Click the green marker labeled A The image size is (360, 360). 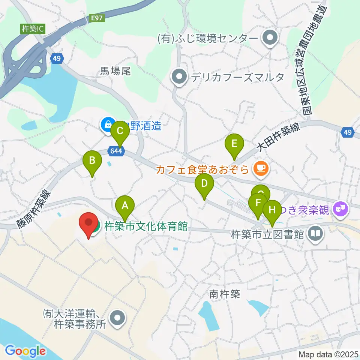click(125, 206)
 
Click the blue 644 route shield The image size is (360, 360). click(116, 151)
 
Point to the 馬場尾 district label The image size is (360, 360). click(115, 71)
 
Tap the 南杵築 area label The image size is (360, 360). click(224, 294)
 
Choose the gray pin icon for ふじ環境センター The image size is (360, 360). click(270, 38)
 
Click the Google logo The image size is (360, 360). click(25, 351)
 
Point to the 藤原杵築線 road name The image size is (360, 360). click(33, 208)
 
